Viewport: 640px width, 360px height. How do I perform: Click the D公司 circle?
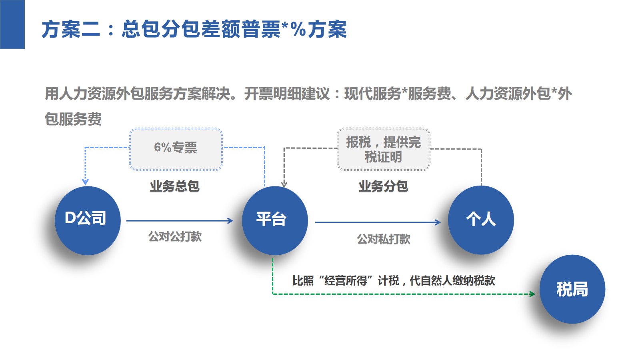point(88,220)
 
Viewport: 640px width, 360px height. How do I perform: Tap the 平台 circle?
point(275,220)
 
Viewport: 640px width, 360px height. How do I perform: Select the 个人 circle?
point(481,220)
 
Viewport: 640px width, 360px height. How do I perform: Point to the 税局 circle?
point(572,289)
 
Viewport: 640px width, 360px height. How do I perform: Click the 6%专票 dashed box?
point(176,149)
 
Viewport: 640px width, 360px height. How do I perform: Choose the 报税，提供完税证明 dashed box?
point(384,149)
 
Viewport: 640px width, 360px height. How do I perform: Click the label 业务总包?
point(174,186)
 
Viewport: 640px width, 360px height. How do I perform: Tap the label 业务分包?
point(383,186)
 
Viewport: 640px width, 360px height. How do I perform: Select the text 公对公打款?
point(175,236)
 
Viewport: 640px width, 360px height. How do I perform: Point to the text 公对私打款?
point(384,239)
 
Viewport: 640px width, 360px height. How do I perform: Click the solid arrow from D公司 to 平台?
point(180,220)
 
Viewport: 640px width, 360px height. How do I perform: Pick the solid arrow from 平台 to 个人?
point(378,222)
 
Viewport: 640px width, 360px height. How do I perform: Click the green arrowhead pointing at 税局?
point(532,294)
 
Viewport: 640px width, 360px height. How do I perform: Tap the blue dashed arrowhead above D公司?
point(85,182)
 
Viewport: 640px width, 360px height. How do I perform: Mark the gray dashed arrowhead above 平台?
point(284,184)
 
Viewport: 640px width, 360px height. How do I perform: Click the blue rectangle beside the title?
point(12,24)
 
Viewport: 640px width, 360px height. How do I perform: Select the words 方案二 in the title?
point(71,30)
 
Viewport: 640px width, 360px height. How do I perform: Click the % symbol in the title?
point(298,30)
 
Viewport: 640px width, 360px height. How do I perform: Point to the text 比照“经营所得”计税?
point(346,280)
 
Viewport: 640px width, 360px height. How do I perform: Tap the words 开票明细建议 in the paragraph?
point(287,94)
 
